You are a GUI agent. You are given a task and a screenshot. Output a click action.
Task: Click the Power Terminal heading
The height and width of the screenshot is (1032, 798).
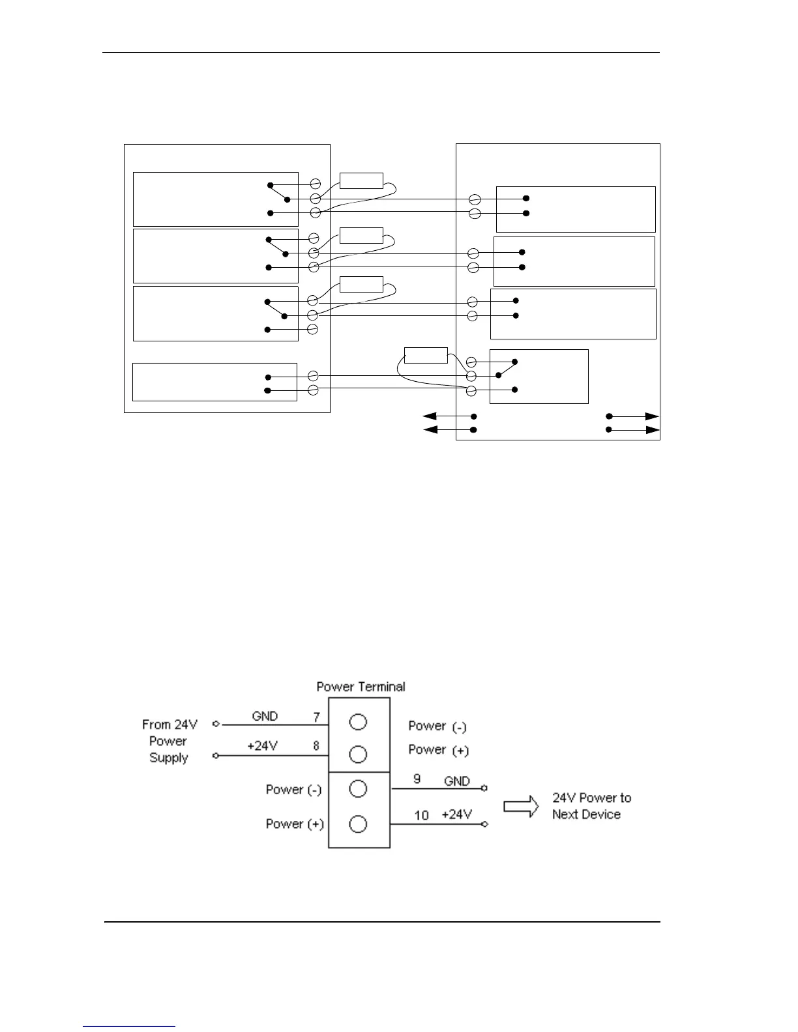[x=361, y=687]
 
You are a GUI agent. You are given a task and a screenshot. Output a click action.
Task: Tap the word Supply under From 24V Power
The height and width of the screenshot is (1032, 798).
[x=168, y=758]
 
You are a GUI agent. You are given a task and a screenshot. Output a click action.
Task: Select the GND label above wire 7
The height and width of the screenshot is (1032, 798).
[x=265, y=716]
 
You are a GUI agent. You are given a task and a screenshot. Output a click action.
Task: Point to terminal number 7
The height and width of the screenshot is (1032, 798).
[x=316, y=717]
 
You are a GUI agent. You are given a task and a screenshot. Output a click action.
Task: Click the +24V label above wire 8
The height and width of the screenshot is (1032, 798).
[x=263, y=746]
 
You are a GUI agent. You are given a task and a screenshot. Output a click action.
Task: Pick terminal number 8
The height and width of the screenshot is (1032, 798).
[x=316, y=747]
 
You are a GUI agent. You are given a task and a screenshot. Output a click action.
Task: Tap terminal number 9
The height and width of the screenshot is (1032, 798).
[x=418, y=779]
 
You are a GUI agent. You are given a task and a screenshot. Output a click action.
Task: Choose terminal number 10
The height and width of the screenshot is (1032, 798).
[x=421, y=815]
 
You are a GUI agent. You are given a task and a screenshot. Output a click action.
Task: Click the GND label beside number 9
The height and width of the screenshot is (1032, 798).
[x=456, y=781]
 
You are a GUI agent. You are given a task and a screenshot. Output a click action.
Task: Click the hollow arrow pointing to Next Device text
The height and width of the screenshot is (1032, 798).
[x=522, y=807]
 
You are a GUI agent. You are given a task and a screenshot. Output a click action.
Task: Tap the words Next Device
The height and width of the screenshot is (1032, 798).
[x=586, y=814]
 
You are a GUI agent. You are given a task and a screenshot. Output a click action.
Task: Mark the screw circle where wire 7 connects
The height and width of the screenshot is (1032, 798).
[x=358, y=721]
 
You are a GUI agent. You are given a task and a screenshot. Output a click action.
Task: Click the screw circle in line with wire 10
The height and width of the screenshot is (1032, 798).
[x=358, y=824]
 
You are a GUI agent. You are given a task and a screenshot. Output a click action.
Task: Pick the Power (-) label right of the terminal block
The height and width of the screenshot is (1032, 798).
[x=437, y=726]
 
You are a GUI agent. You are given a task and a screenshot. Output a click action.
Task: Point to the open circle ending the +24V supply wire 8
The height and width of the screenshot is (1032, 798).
[x=216, y=756]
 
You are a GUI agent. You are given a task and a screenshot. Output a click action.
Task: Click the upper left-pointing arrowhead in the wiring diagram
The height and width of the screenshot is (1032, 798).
[x=430, y=416]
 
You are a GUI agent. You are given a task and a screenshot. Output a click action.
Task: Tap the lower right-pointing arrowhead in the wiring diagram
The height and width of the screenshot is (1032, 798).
[x=652, y=430]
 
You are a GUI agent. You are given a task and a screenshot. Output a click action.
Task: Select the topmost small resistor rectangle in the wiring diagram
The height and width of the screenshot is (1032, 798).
[x=361, y=181]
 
